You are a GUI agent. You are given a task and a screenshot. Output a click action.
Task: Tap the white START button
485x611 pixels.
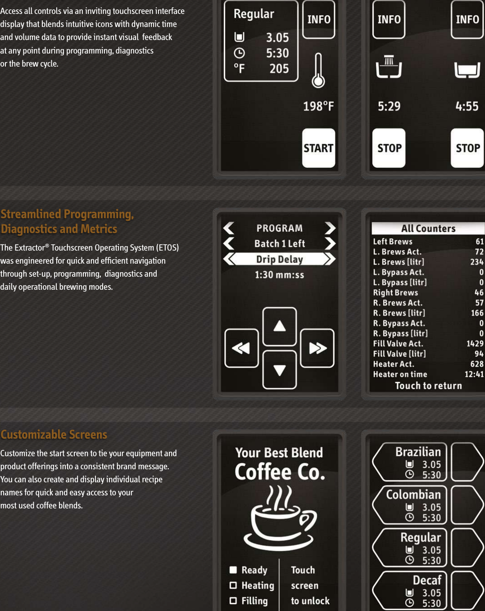pyautogui.click(x=318, y=148)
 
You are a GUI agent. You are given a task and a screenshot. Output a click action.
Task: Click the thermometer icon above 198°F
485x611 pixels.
pyautogui.click(x=318, y=71)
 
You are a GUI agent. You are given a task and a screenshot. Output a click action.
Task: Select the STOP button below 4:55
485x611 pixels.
pyautogui.click(x=467, y=148)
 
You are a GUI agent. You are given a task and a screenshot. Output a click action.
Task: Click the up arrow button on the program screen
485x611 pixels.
pyautogui.click(x=280, y=326)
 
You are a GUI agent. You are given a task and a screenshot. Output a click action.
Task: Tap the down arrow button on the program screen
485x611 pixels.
pyautogui.click(x=280, y=370)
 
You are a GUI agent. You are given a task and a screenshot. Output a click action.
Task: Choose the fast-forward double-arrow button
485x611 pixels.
pyautogui.click(x=317, y=348)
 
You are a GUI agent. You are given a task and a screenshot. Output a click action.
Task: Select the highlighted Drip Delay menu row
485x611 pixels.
pyautogui.click(x=280, y=259)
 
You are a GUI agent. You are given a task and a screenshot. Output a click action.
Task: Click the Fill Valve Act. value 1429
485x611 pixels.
pyautogui.click(x=475, y=344)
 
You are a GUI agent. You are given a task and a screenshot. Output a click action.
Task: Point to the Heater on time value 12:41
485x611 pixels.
pyautogui.click(x=474, y=374)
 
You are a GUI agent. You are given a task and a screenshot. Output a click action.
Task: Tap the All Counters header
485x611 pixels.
pyautogui.click(x=428, y=229)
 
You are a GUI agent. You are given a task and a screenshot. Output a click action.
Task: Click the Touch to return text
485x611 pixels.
pyautogui.click(x=428, y=386)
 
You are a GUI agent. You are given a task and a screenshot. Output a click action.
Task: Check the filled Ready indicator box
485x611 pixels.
pyautogui.click(x=233, y=570)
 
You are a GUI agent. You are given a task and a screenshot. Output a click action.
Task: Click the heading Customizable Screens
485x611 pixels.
pyautogui.click(x=54, y=435)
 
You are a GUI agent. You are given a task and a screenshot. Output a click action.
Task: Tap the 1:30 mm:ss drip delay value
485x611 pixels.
pyautogui.click(x=280, y=275)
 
